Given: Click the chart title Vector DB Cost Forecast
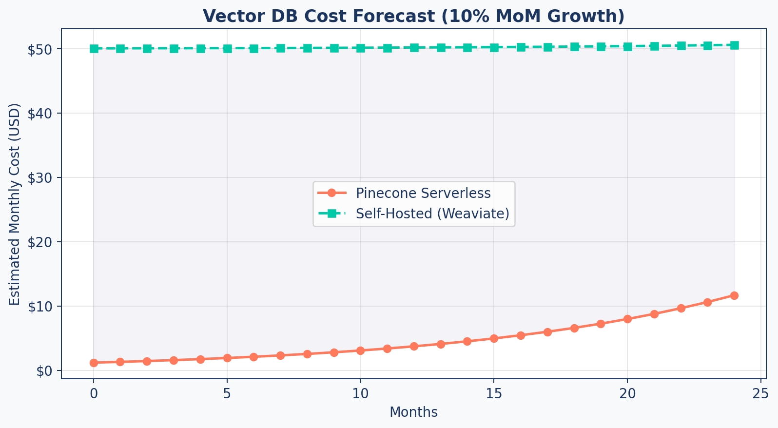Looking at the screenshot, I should (414, 16).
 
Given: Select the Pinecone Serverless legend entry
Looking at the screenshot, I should (423, 193).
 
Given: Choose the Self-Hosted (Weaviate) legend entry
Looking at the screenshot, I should (432, 214).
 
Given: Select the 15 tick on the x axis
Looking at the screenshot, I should (494, 393).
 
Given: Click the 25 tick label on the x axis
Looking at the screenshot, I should (760, 393).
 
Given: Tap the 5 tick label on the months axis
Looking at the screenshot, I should (227, 393).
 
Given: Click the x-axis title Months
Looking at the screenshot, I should (413, 412).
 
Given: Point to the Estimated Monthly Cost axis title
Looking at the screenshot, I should (15, 204).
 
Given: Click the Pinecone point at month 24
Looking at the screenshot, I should (734, 295).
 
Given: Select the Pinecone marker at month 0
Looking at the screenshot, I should (94, 363).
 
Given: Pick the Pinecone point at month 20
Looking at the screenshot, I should (627, 319).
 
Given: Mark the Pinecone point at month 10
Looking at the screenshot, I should (360, 350).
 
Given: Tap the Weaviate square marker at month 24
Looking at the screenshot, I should (734, 45).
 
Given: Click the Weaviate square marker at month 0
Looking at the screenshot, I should (94, 49).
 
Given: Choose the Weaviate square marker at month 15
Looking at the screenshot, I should (494, 48).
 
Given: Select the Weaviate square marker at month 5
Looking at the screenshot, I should (227, 49).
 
